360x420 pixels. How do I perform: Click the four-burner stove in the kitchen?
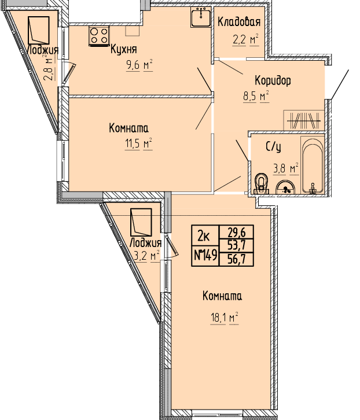99,36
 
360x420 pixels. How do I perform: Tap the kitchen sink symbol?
201,17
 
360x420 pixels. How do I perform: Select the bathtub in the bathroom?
313,165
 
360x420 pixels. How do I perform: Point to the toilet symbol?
261,184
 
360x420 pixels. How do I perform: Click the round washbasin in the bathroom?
285,187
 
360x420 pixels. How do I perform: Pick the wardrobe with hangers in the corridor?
304,120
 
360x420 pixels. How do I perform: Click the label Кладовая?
239,22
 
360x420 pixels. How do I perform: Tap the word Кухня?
124,49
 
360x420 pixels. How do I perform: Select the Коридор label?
273,80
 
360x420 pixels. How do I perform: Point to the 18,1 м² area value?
225,318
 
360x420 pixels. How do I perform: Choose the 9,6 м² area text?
139,65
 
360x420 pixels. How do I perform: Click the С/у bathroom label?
273,147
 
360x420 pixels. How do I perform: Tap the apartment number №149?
205,255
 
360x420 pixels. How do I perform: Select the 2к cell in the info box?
204,236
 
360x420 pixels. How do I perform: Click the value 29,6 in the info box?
236,232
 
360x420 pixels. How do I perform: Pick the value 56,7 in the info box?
236,259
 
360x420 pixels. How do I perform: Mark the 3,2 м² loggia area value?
146,256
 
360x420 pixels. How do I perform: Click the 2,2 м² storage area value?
245,40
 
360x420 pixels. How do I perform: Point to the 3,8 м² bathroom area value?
286,169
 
